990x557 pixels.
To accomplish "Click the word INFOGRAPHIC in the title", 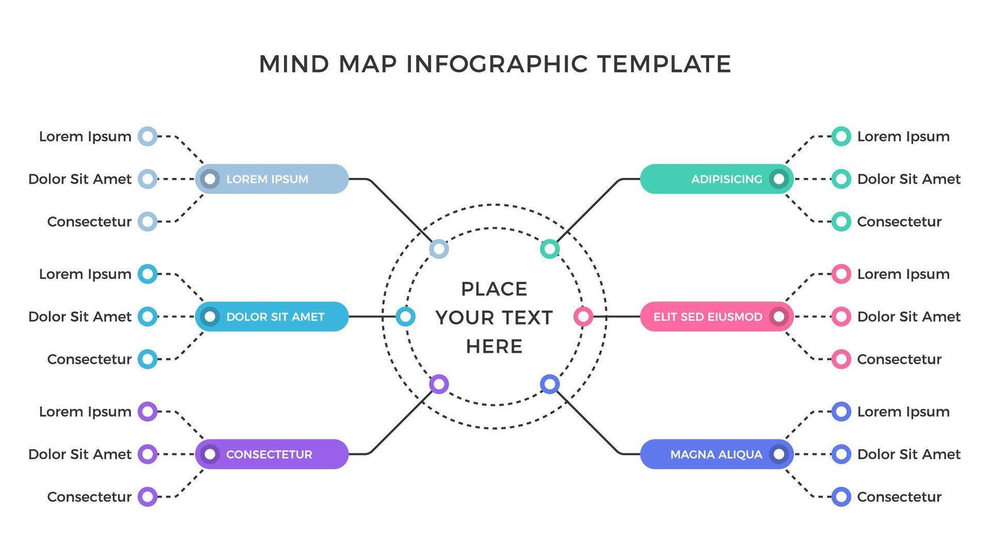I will pos(497,64).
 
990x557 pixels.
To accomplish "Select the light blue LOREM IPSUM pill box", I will pos(272,179).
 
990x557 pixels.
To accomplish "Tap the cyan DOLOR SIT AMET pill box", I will pos(272,317).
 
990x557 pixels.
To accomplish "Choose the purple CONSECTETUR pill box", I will pos(272,454).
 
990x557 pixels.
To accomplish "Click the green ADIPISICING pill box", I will pos(716,179).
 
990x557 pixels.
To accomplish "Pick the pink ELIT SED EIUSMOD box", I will pos(716,317).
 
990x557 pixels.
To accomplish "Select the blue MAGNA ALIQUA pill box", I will pos(716,454).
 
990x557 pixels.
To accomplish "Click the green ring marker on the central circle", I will pos(550,248).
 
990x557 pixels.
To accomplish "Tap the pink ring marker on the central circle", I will pos(583,317).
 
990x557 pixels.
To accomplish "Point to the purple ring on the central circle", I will pos(439,384).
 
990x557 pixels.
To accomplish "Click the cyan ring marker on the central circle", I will pos(405,317).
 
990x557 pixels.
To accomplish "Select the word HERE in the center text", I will pos(494,346).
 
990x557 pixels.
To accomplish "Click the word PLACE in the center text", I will pos(494,289).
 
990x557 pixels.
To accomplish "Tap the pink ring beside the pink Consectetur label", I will pos(841,359).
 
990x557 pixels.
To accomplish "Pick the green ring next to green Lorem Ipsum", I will pos(841,136).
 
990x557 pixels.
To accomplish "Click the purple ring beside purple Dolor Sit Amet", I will pos(148,454).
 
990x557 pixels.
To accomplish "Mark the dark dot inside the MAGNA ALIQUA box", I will pos(779,454).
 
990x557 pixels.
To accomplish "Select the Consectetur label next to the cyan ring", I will pos(89,359).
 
